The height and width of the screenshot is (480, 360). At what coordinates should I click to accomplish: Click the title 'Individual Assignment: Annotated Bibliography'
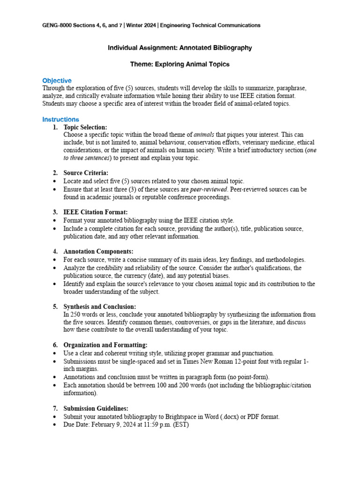pos(180,48)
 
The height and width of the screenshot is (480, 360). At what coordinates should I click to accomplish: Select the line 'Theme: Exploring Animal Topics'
pos(180,64)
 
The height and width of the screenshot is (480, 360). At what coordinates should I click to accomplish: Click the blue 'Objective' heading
pos(57,81)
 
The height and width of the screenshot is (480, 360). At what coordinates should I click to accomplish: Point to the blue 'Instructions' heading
pos(60,120)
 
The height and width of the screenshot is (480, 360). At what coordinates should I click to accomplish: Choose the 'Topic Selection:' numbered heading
pos(85,127)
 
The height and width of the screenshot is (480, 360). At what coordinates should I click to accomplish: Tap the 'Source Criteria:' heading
pos(86,173)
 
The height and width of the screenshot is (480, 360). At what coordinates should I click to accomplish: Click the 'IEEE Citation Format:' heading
pos(96,212)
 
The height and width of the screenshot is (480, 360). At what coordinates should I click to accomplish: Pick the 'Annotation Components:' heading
pos(98,251)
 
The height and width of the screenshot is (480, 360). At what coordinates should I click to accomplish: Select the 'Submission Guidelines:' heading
pos(96,408)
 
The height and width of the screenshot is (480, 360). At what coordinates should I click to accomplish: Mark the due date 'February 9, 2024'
pos(114,425)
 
